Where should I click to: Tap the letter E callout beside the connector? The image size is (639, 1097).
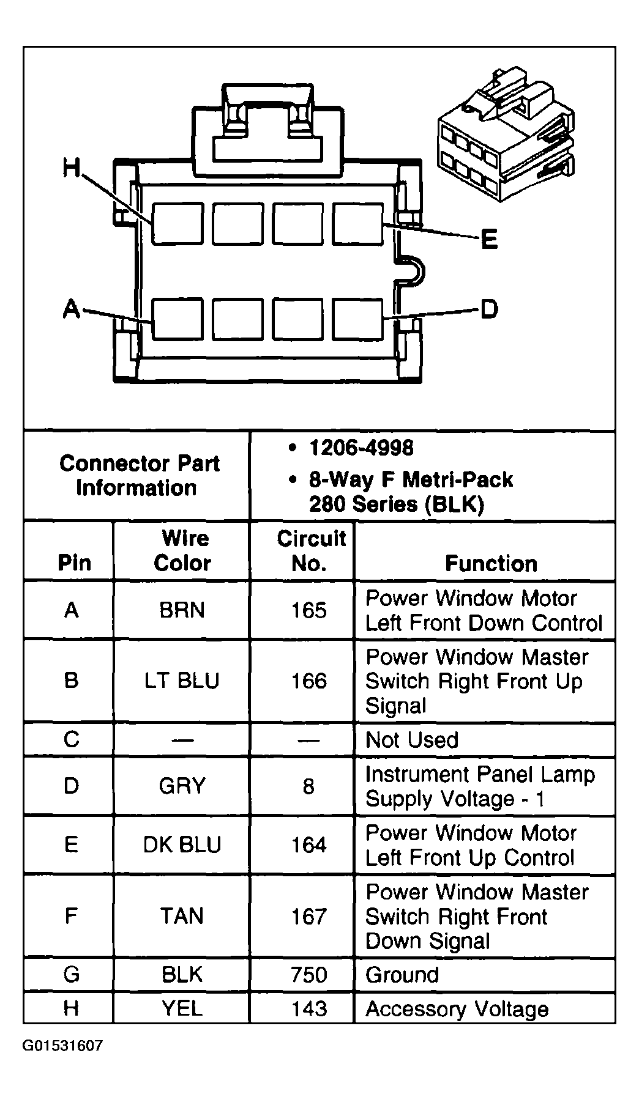click(489, 239)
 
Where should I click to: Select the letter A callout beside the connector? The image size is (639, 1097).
click(72, 309)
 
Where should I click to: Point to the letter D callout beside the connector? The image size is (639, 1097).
click(489, 309)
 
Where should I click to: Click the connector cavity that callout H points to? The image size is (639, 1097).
click(177, 224)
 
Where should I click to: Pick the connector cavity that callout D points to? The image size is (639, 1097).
click(358, 319)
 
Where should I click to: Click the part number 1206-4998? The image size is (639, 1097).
click(361, 448)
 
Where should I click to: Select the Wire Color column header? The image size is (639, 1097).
click(182, 550)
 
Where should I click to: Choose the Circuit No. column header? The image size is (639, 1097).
click(310, 550)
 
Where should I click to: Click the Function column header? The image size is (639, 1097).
click(491, 563)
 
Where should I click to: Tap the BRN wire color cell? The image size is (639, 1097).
click(182, 610)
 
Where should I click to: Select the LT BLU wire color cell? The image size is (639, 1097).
click(182, 681)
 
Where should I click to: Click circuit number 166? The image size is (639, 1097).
click(309, 681)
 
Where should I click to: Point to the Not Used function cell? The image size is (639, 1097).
click(412, 740)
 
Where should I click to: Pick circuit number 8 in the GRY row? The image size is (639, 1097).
click(308, 786)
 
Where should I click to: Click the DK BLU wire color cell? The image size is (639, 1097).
click(182, 844)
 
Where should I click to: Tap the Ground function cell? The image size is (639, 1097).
click(402, 975)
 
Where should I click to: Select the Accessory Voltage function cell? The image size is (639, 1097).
click(457, 1009)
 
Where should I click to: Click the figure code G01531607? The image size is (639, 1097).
click(63, 1046)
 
